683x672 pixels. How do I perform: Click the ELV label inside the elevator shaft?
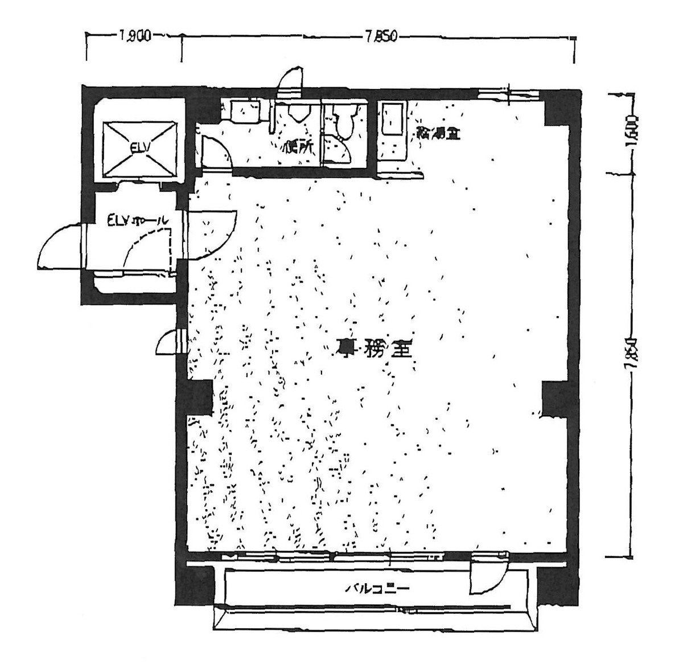point(139,149)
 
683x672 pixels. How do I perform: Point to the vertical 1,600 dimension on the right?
point(630,133)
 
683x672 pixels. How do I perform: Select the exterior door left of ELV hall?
point(60,246)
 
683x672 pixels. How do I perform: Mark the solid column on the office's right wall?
point(552,400)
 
